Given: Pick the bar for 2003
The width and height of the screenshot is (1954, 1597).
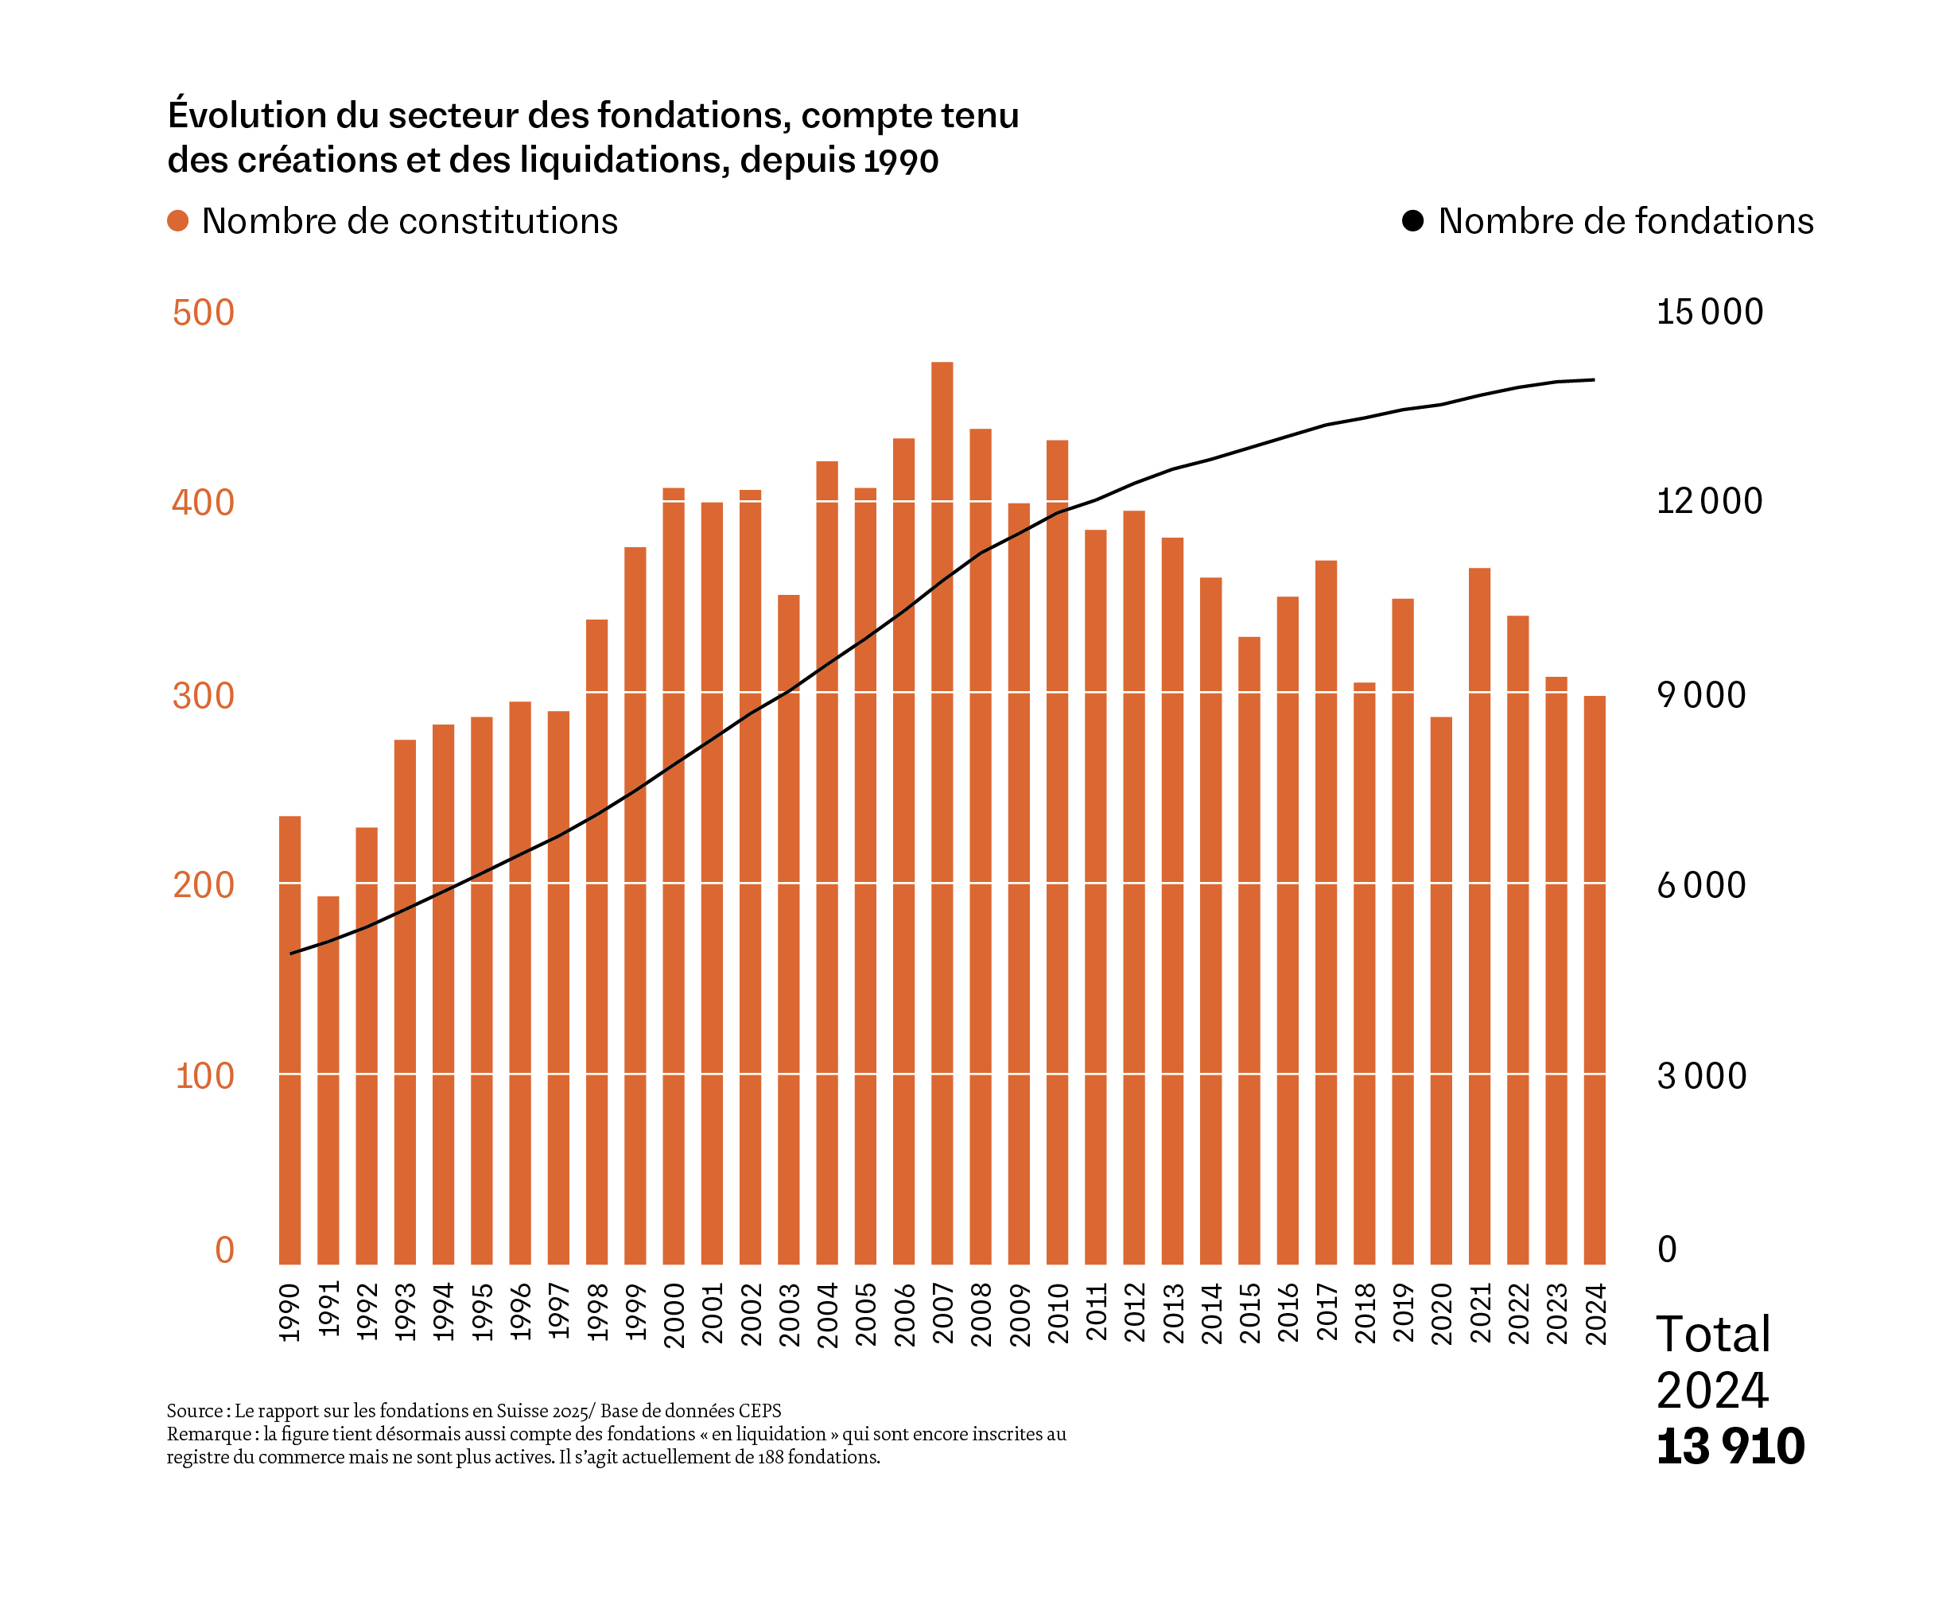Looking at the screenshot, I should click(x=788, y=929).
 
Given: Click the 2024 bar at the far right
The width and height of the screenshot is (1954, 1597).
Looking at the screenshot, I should click(x=1595, y=980).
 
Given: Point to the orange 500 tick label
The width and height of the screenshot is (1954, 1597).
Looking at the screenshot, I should click(x=204, y=313).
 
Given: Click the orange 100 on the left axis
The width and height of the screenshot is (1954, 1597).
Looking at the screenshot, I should click(x=204, y=1075).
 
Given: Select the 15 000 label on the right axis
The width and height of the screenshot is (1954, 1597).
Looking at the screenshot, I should click(x=1709, y=312).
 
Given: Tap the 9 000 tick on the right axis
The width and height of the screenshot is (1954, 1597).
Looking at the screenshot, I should click(x=1701, y=694).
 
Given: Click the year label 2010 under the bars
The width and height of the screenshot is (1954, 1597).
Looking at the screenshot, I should click(x=1058, y=1314).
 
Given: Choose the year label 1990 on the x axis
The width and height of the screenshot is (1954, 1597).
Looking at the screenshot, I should click(x=289, y=1313).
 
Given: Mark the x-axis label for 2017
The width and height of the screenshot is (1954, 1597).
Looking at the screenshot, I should click(x=1327, y=1313).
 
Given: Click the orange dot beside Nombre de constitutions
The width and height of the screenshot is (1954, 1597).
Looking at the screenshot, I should click(x=177, y=221).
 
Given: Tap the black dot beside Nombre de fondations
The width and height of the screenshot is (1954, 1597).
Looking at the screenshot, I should click(x=1412, y=221).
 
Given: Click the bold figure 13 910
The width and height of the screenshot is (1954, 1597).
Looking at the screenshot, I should click(x=1730, y=1446).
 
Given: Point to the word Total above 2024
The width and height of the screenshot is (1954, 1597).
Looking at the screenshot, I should click(x=1712, y=1334).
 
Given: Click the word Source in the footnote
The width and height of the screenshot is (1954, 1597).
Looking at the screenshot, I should click(x=195, y=1410).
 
